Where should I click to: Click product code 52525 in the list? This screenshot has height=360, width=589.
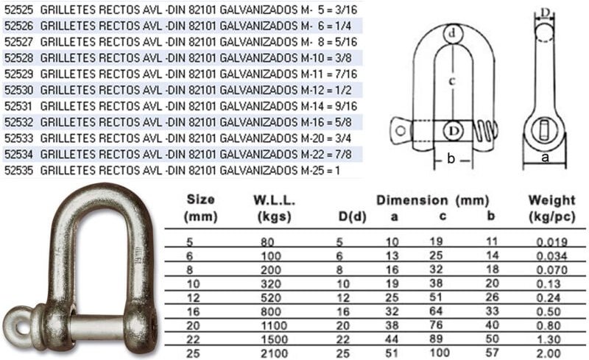point(19,10)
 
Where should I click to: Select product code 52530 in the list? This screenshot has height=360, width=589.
point(19,91)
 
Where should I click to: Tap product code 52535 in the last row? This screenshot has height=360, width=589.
point(19,171)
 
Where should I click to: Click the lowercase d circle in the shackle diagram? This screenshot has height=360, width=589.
point(453,34)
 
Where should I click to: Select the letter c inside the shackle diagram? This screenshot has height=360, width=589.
point(453,80)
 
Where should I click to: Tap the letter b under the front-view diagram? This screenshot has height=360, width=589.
point(451,159)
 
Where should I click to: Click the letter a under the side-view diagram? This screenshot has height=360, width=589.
point(545,158)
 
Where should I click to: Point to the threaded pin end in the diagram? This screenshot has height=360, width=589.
point(485,133)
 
